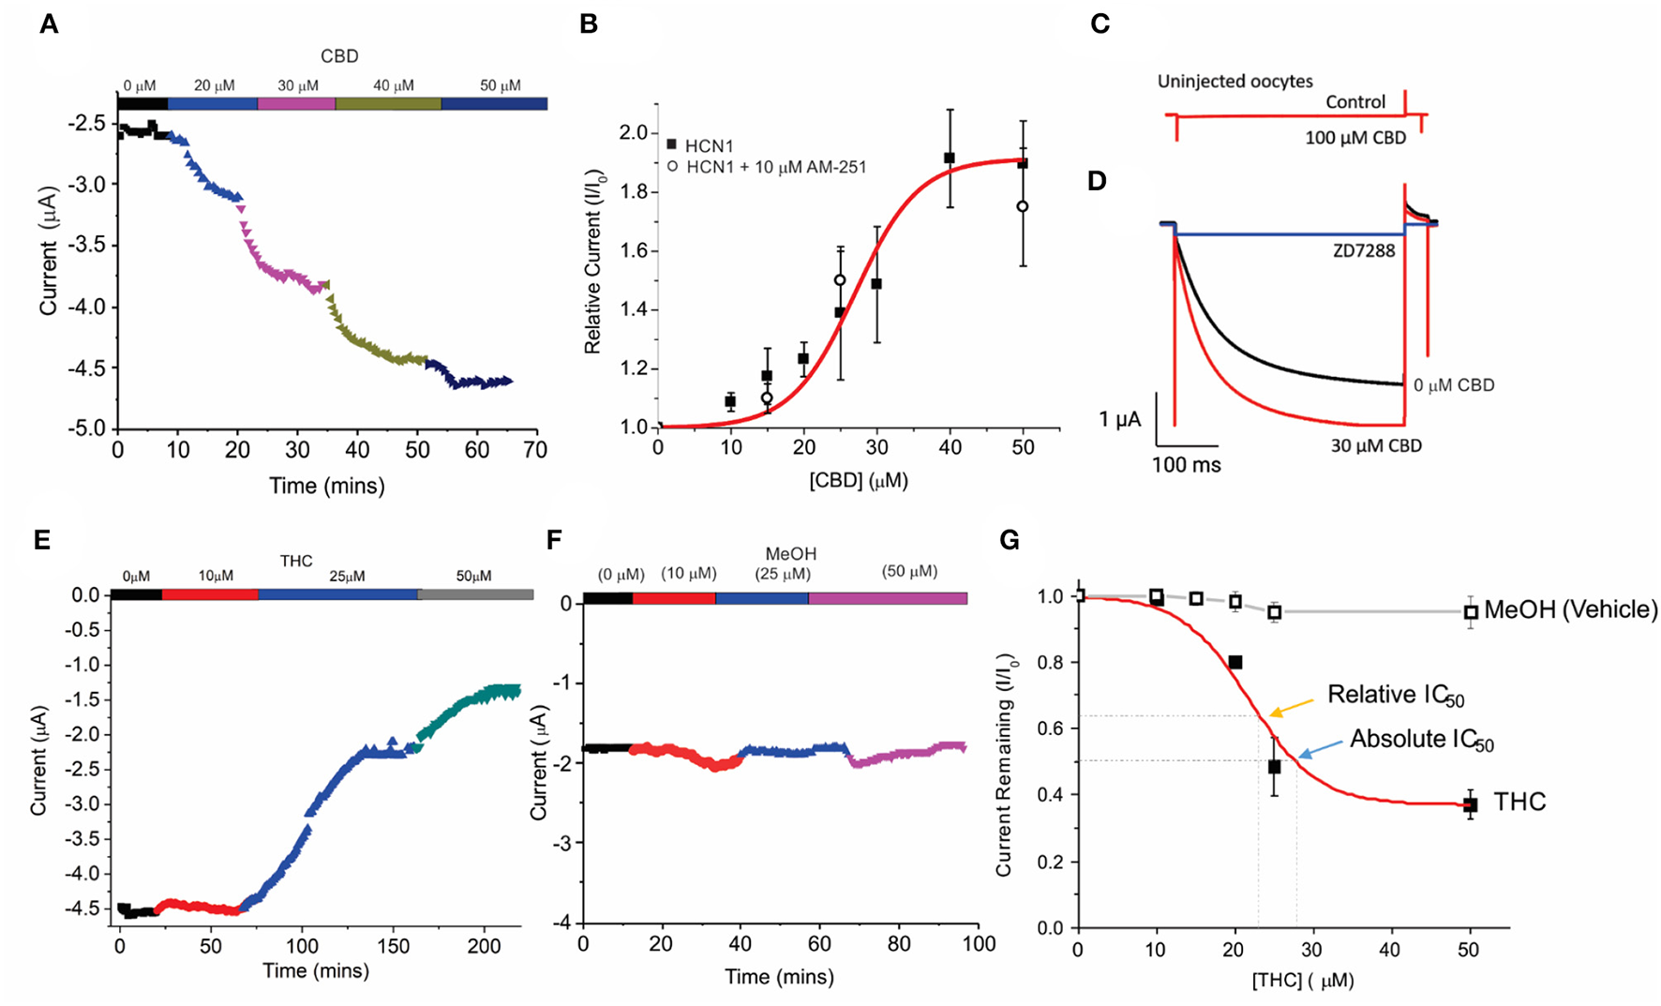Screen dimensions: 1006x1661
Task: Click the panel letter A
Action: pyautogui.click(x=49, y=24)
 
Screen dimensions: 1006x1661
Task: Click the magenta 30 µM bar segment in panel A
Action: pyautogui.click(x=296, y=103)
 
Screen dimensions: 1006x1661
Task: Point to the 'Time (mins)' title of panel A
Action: pyautogui.click(x=326, y=486)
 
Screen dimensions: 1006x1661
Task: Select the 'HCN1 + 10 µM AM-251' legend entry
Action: pyautogui.click(x=774, y=167)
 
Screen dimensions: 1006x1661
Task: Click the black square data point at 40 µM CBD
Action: pyautogui.click(x=950, y=158)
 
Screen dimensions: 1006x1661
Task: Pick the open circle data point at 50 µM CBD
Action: pyautogui.click(x=1023, y=206)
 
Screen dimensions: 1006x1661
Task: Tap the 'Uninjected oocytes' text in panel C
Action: pyautogui.click(x=1235, y=82)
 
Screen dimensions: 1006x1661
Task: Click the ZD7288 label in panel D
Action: pyautogui.click(x=1364, y=250)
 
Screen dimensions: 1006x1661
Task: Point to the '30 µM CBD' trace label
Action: pyautogui.click(x=1375, y=446)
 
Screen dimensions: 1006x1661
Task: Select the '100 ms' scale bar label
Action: pyautogui.click(x=1186, y=465)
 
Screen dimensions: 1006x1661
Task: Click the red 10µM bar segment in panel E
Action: pyautogui.click(x=210, y=594)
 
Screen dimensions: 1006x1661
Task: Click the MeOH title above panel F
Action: pyautogui.click(x=790, y=554)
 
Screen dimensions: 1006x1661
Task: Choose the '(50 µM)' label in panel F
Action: pyautogui.click(x=909, y=571)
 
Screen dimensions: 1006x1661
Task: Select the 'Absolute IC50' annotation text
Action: pyautogui.click(x=1421, y=740)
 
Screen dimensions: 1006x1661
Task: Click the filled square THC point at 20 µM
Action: pyautogui.click(x=1235, y=663)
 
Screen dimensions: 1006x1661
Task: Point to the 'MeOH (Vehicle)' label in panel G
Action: pyautogui.click(x=1570, y=610)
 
